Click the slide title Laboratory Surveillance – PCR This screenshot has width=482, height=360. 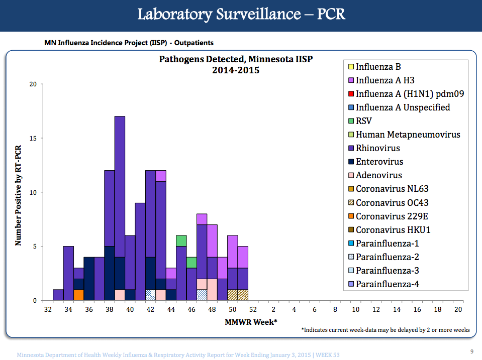[241, 14]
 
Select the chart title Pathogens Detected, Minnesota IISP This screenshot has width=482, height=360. [236, 59]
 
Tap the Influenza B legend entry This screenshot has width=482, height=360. [378, 66]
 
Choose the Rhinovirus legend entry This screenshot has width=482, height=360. [378, 148]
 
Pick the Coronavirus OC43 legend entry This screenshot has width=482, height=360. [392, 202]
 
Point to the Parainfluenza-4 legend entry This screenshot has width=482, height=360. [387, 284]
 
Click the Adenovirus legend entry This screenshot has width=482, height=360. [379, 175]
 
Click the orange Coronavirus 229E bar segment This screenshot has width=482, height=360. [78, 295]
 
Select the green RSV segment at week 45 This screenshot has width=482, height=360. [181, 241]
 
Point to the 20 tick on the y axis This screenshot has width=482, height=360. [33, 84]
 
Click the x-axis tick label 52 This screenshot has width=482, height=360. [253, 310]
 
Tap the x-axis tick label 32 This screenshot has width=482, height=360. [48, 310]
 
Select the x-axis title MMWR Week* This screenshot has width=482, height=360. [251, 322]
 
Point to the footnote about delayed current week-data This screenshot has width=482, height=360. [385, 330]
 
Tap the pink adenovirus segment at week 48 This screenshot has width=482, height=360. [212, 290]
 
